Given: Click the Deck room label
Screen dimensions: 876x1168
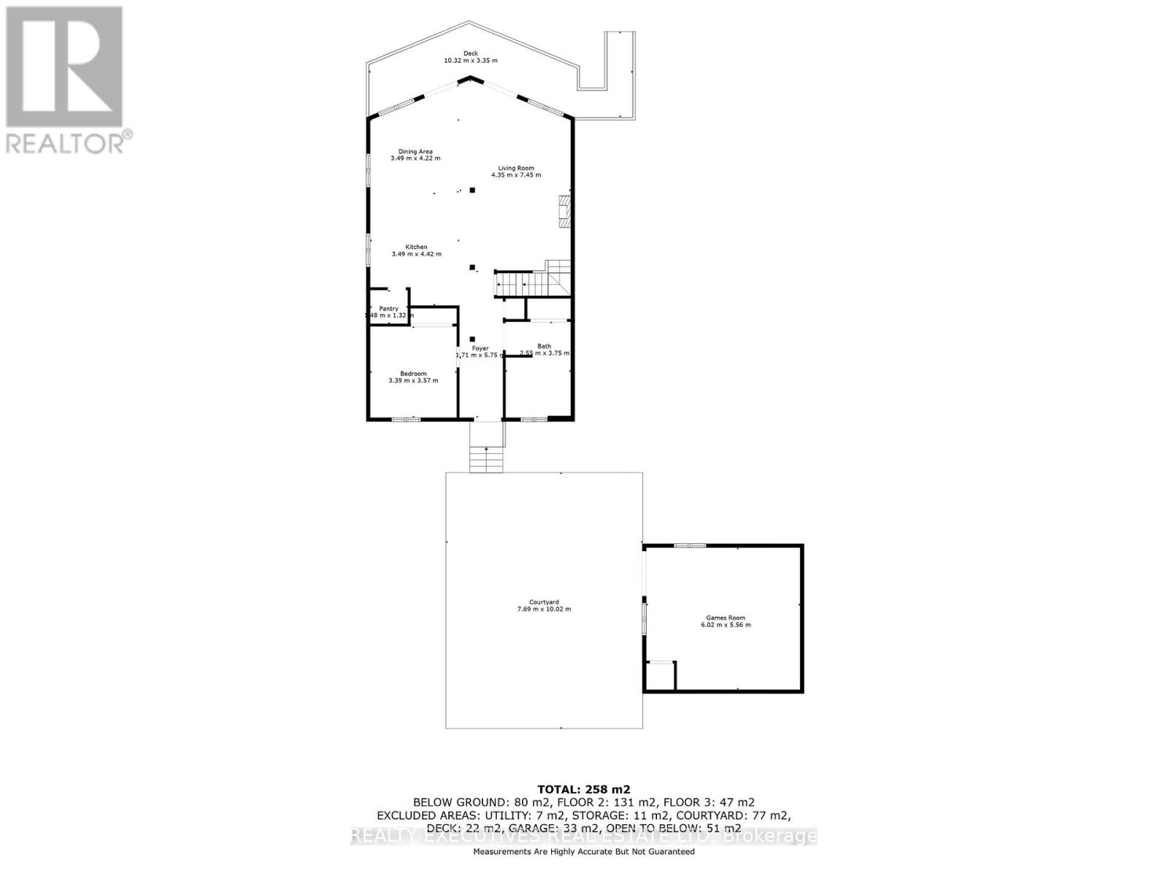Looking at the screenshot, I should click(471, 53).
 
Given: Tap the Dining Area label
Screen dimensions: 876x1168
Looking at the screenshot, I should click(415, 151).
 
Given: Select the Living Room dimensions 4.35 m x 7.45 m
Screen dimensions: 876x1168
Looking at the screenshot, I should click(516, 175).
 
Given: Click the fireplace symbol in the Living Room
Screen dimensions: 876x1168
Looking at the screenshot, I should click(564, 211).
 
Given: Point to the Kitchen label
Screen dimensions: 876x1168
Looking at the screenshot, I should click(416, 247).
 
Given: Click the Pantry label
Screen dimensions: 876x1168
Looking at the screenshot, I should click(388, 309).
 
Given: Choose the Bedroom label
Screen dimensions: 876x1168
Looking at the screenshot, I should click(413, 373).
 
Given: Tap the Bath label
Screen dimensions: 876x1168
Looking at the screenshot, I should click(544, 346).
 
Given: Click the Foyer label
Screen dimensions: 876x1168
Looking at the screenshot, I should click(480, 348).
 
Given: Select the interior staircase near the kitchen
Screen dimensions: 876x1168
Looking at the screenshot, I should click(531, 281).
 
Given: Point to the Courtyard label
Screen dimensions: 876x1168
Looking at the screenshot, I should click(544, 602).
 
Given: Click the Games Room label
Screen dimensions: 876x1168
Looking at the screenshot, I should click(726, 618).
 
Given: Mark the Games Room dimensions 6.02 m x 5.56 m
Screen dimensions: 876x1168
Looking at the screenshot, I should click(726, 625).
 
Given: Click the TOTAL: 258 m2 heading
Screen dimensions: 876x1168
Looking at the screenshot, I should click(583, 789).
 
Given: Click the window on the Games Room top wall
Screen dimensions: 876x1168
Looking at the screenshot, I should click(689, 545).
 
